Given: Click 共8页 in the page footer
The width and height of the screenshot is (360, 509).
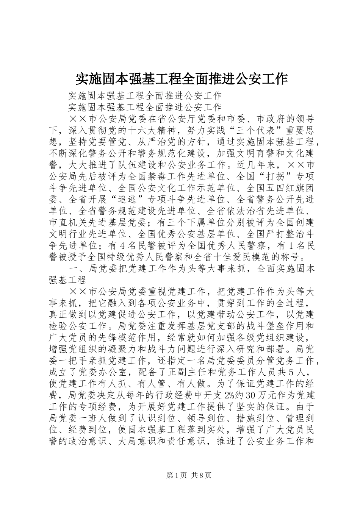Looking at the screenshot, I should [x=201, y=475].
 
